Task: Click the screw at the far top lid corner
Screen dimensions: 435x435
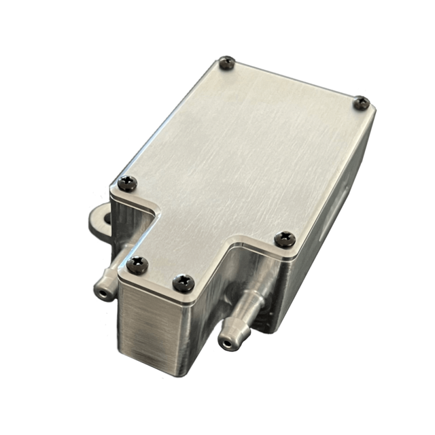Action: tap(226, 63)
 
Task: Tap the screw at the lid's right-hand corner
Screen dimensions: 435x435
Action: tap(362, 103)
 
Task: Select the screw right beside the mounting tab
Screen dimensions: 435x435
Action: tap(128, 181)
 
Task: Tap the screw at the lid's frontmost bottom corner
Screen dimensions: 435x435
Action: tap(181, 279)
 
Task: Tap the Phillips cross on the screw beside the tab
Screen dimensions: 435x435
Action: tap(128, 181)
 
